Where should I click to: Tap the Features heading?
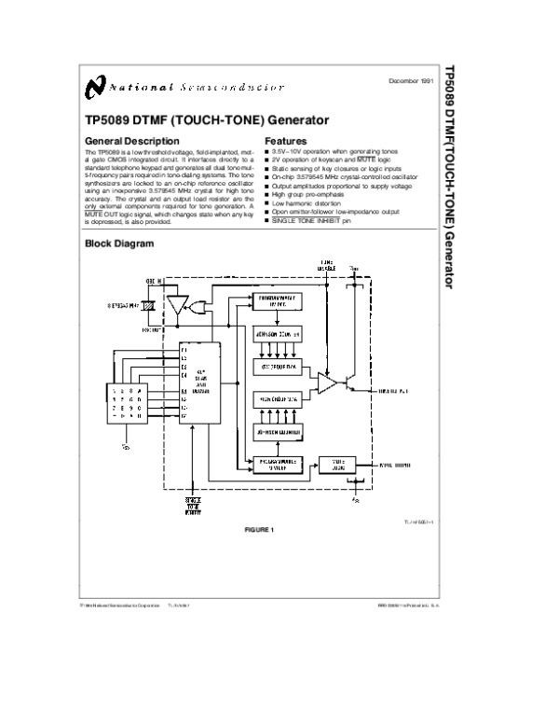pyautogui.click(x=286, y=141)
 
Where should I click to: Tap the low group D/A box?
pyautogui.click(x=279, y=366)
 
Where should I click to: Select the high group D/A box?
pyautogui.click(x=279, y=399)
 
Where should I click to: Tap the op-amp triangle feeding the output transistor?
pyautogui.click(x=327, y=383)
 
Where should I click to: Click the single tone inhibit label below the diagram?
pyautogui.click(x=193, y=505)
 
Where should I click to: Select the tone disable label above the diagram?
pyautogui.click(x=326, y=265)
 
